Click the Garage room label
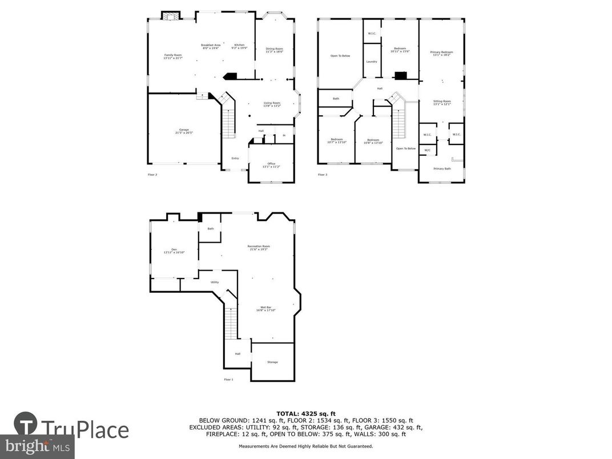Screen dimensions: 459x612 184,131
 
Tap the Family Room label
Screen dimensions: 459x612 172,56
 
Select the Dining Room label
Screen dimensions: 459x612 274,50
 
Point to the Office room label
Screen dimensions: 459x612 271,164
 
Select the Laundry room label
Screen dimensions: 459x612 372,62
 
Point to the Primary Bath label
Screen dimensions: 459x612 442,168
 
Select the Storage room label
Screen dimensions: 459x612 272,362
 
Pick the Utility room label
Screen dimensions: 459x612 215,282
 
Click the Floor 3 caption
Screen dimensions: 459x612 323,175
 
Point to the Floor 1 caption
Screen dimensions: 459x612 228,379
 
